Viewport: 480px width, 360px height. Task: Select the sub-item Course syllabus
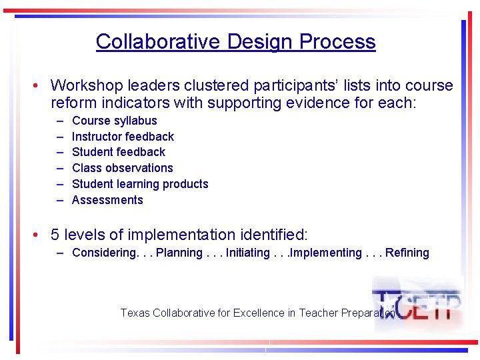click(115, 121)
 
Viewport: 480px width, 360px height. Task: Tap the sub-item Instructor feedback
click(123, 137)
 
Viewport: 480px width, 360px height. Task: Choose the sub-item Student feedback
click(119, 152)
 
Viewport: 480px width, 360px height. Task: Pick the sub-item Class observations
click(122, 168)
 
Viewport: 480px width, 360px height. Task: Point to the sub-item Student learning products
click(140, 184)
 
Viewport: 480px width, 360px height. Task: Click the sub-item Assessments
click(107, 200)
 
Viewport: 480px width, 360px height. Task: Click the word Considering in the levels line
click(103, 253)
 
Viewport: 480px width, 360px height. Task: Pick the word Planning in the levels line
click(178, 253)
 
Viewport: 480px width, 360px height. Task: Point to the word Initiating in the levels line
click(248, 253)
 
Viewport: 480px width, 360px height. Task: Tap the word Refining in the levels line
click(407, 253)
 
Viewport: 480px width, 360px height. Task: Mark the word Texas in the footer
click(135, 313)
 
